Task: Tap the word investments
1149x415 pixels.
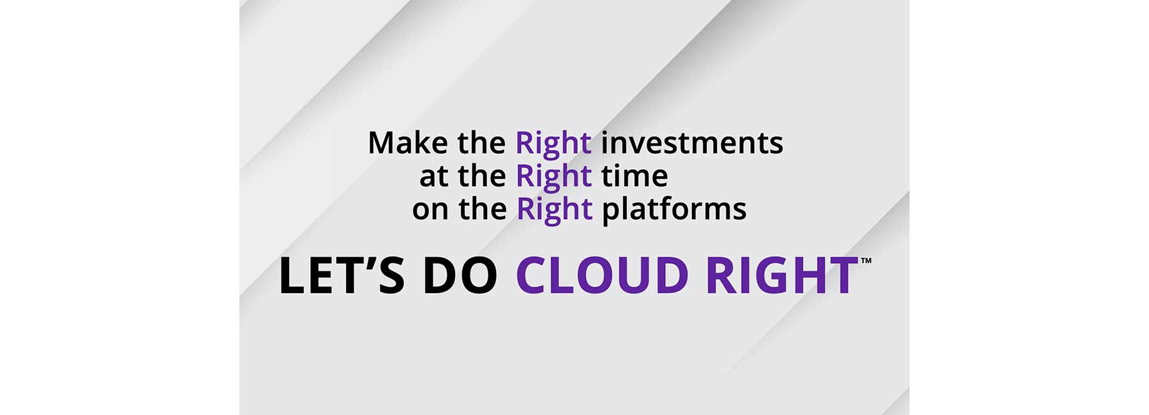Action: (692, 143)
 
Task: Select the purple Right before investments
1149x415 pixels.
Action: (553, 144)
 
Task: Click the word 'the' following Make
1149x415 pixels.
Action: (481, 143)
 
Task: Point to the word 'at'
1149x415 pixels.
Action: (434, 176)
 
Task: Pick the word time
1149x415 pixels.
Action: (635, 176)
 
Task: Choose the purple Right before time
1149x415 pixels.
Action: (553, 177)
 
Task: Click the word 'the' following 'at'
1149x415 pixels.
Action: (482, 176)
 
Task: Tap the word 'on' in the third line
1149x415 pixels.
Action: (430, 209)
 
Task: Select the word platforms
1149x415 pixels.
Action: (674, 211)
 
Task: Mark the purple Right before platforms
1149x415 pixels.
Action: (554, 211)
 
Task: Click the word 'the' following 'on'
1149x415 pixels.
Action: (483, 209)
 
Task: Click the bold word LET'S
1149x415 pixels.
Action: (342, 276)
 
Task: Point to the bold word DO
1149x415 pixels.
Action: (460, 276)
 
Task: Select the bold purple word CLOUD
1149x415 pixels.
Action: (602, 276)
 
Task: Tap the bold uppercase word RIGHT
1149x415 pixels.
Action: (782, 276)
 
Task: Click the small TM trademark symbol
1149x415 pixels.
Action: (866, 260)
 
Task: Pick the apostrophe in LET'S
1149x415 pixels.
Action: (371, 261)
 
